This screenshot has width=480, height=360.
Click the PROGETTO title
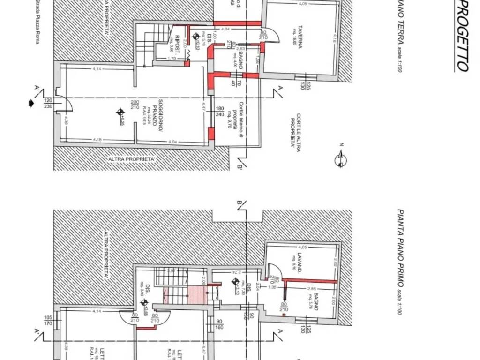pos(462,36)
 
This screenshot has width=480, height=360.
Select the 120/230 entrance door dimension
pos(48,103)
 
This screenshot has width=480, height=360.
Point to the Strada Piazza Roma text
pos(37,22)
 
